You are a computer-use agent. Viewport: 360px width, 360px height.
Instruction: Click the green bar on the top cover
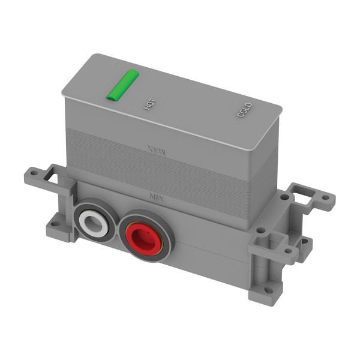point(122,85)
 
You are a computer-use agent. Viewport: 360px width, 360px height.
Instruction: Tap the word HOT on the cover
point(148,104)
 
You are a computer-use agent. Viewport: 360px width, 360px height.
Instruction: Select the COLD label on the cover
point(244,110)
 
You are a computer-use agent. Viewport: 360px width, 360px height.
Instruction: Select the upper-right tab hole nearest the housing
point(284,196)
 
